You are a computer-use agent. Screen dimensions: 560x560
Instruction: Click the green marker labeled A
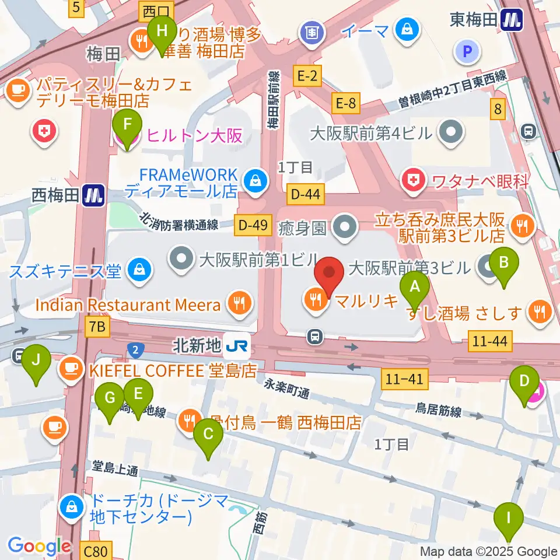415,286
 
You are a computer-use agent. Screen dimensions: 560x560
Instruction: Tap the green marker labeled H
162,30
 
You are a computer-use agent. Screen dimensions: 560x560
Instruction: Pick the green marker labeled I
509,517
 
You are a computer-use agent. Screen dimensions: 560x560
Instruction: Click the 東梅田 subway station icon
513,20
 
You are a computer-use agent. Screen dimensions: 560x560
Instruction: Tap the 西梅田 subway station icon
93,194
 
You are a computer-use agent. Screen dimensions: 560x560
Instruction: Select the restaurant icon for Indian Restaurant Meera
240,303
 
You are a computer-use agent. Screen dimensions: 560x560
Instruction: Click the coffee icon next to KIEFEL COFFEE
71,369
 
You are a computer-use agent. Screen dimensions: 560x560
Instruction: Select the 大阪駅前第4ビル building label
379,133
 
